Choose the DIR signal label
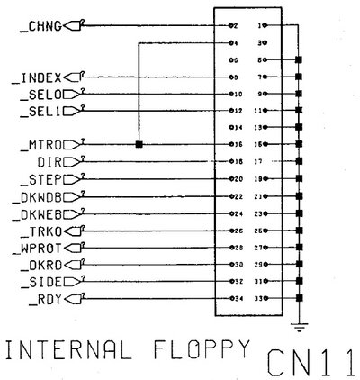[x=50, y=162]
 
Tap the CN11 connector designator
[x=311, y=361]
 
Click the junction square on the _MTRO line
[x=139, y=144]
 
